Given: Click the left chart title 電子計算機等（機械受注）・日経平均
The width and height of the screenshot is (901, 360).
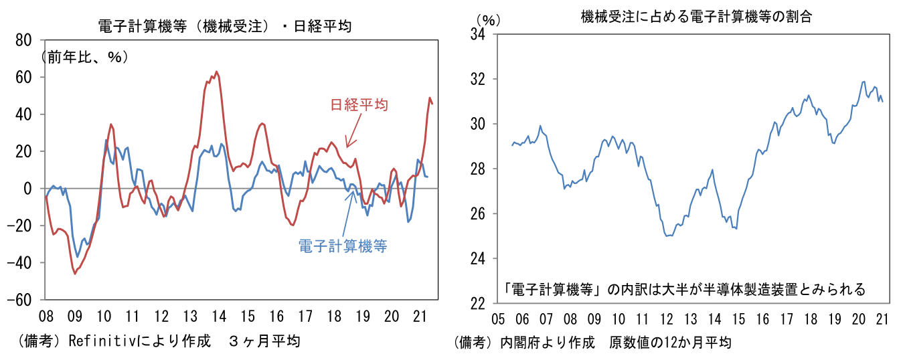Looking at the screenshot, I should (224, 26).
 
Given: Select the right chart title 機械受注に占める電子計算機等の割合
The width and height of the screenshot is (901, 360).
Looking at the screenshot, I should (696, 17).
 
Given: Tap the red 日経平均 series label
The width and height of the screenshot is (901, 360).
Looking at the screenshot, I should (359, 104).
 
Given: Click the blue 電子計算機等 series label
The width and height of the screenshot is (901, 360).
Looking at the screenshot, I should (343, 246).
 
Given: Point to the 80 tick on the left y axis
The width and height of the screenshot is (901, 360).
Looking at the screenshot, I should (24, 41).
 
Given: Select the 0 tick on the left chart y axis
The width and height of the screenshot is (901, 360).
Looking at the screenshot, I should (28, 189).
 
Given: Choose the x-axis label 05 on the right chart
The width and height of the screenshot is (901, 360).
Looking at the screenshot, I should (498, 319).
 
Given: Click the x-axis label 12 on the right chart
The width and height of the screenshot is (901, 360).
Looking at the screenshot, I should (666, 319).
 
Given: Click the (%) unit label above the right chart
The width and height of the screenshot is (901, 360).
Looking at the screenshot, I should (488, 20).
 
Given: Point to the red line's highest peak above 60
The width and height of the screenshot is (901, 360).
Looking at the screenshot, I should (216, 72).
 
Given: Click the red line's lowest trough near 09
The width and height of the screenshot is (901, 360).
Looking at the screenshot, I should (75, 273).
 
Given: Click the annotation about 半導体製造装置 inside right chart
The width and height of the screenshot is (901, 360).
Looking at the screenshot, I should (685, 289).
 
